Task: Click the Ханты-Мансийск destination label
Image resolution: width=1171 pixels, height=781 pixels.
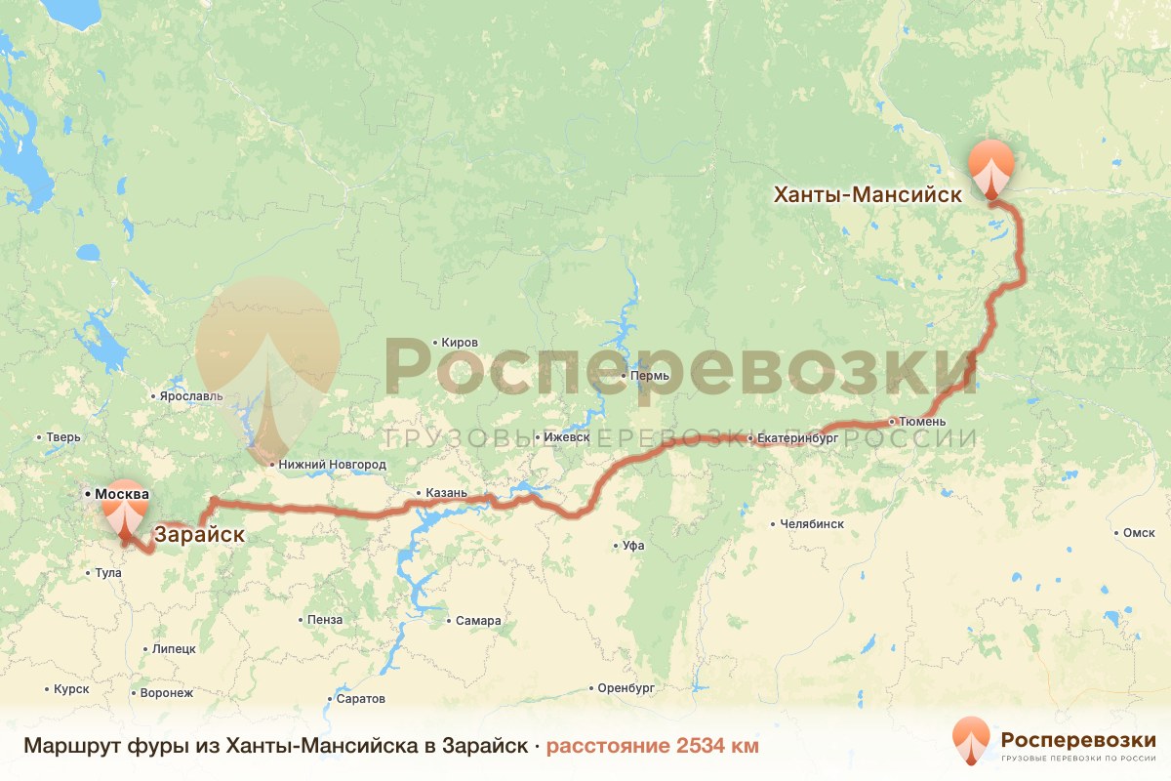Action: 868,194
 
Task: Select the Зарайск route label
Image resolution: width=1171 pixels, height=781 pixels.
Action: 199,535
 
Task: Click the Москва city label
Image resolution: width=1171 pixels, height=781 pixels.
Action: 121,494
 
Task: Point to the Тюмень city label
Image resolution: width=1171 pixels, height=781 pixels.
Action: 922,422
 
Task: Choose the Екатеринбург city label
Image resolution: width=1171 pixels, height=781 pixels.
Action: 797,439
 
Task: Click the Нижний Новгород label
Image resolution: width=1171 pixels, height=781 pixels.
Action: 332,465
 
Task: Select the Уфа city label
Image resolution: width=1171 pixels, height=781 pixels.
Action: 633,546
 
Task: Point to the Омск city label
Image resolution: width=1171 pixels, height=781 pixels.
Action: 1139,533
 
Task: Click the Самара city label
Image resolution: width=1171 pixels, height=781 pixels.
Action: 478,621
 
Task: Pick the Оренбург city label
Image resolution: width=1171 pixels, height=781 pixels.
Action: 626,688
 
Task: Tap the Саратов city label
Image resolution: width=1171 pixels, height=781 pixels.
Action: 360,699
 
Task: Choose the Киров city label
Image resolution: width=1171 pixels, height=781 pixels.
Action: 460,343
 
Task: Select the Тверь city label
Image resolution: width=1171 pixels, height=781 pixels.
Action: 63,437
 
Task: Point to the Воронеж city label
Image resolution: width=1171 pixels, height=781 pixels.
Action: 167,693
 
